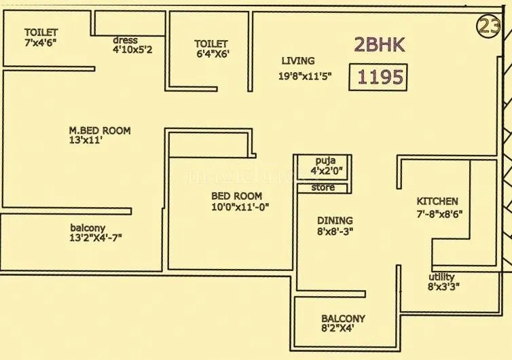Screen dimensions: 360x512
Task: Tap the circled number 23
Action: click(488, 26)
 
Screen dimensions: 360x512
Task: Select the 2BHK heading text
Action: click(380, 45)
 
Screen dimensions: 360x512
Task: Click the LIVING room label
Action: click(297, 61)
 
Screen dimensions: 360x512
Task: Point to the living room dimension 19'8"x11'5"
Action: click(305, 77)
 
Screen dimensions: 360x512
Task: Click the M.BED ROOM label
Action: click(100, 130)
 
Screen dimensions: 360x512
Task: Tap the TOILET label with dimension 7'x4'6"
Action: click(41, 32)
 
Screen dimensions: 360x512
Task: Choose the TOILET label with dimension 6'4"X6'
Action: click(211, 43)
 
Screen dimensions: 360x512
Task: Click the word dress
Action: click(126, 40)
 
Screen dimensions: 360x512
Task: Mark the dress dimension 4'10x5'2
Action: click(137, 50)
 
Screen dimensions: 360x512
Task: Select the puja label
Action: click(323, 160)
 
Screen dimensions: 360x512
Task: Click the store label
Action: click(323, 187)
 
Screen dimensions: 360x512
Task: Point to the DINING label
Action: click(335, 220)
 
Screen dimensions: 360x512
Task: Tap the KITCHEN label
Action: click(437, 201)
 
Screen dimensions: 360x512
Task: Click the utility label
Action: click(441, 276)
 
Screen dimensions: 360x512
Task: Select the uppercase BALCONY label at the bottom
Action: click(343, 319)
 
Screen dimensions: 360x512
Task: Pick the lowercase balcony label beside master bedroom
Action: click(88, 227)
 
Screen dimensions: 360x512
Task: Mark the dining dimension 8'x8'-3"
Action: click(335, 231)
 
